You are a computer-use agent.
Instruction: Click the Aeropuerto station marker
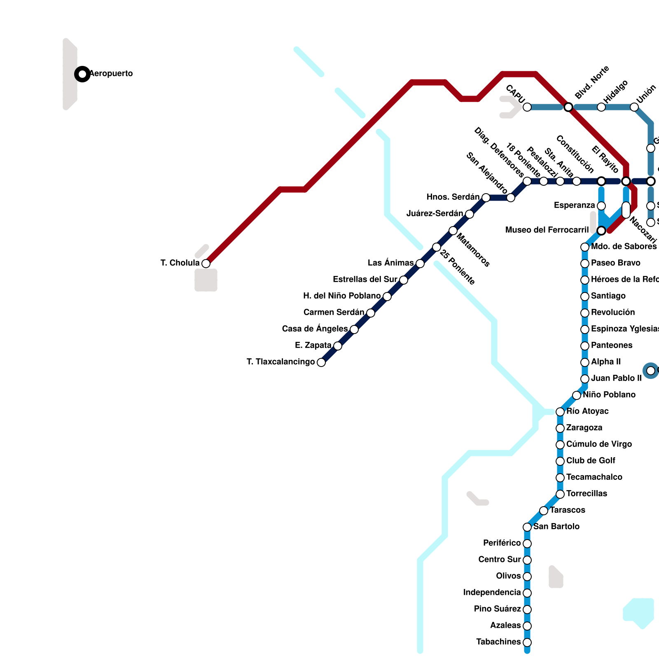(82, 74)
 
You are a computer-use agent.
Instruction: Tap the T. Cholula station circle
(206, 264)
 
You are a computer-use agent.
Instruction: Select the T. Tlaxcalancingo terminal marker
(321, 362)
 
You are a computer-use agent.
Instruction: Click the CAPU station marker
(527, 107)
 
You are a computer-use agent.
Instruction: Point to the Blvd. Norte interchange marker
(568, 107)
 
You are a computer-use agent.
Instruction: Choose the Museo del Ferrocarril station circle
(601, 231)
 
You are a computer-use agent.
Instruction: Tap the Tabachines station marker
(527, 643)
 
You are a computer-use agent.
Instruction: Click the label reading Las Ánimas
(390, 263)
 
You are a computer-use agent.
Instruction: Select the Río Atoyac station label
(587, 411)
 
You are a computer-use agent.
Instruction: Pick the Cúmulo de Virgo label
(599, 444)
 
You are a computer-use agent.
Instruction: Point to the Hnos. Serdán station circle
(486, 198)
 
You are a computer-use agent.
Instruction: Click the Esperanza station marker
(601, 206)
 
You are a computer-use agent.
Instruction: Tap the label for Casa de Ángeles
(315, 329)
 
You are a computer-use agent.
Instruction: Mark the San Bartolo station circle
(527, 527)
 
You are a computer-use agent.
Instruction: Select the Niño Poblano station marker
(577, 395)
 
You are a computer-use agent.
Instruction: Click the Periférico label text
(502, 543)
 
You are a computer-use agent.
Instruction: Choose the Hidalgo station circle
(601, 107)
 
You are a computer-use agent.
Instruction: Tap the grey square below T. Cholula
(206, 280)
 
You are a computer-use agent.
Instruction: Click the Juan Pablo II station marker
(585, 379)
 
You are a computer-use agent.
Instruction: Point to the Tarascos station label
(568, 510)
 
